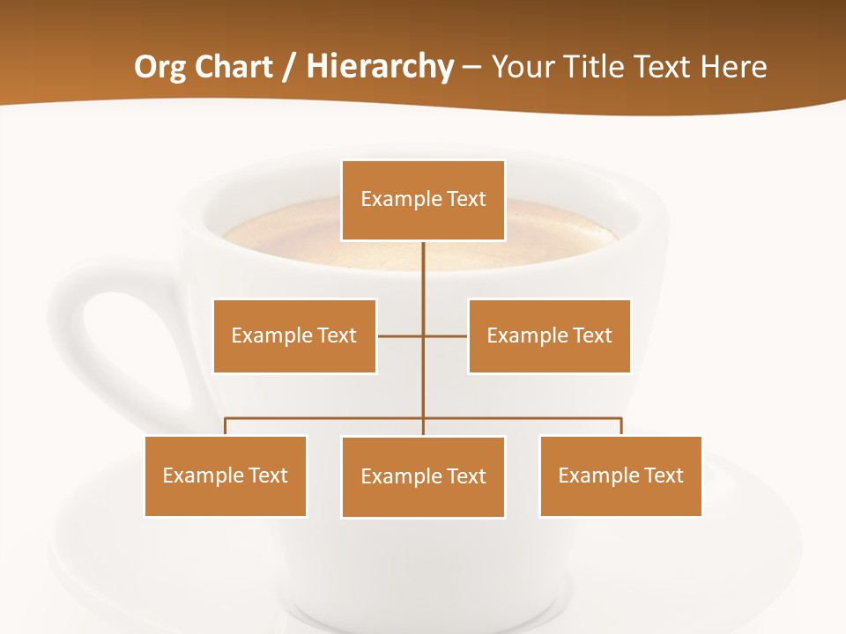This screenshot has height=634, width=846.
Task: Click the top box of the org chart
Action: click(x=423, y=200)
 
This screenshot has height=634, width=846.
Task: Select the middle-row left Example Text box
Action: click(x=294, y=335)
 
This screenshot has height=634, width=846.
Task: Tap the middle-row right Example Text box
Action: click(x=549, y=335)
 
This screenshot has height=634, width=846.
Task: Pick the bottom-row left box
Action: click(x=226, y=475)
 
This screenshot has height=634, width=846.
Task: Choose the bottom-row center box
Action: click(x=423, y=476)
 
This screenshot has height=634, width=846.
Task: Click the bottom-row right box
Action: click(x=620, y=475)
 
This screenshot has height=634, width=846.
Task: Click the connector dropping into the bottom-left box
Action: click(x=226, y=426)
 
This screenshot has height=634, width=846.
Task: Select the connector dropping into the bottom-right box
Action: click(x=621, y=426)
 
